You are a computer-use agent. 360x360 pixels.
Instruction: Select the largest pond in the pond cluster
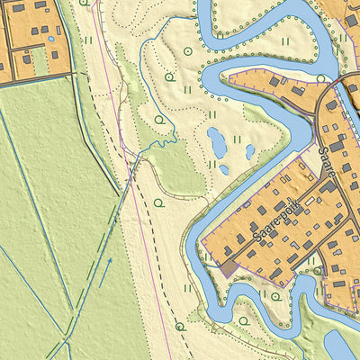pyautogui.click(x=216, y=141)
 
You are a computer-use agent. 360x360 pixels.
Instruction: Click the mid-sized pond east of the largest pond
pyautogui.click(x=250, y=152)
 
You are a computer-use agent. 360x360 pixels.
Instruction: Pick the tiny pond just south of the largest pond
pyautogui.click(x=223, y=168)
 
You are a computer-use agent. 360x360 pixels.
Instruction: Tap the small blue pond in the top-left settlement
pyautogui.click(x=50, y=39)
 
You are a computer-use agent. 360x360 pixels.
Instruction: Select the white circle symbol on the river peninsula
pyautogui.click(x=321, y=79)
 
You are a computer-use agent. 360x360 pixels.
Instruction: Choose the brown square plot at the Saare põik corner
pyautogui.click(x=229, y=267)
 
